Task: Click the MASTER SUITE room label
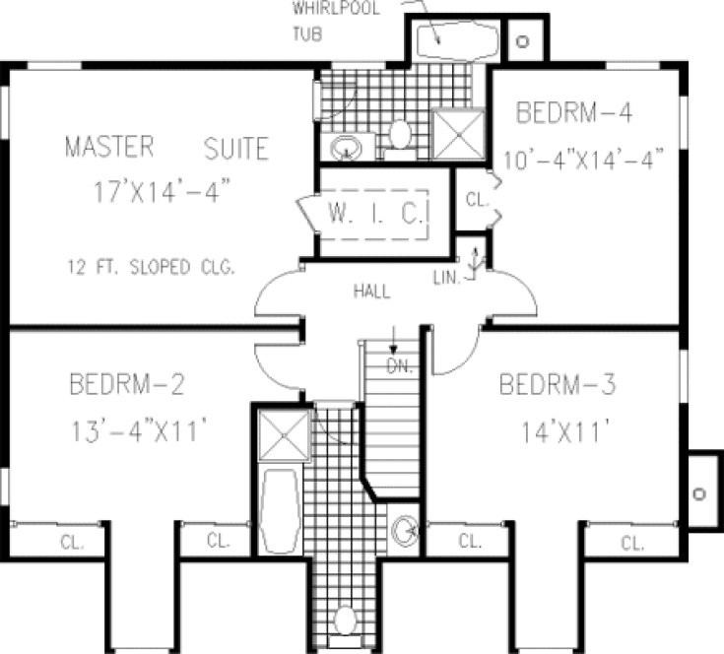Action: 165,148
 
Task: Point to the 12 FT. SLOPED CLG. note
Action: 151,267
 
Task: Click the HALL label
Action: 372,292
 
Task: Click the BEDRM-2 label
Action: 128,384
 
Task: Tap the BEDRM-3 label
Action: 558,384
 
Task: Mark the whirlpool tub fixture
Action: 454,42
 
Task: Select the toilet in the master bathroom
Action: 400,133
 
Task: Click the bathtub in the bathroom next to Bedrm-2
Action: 282,512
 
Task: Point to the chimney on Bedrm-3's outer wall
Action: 700,492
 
